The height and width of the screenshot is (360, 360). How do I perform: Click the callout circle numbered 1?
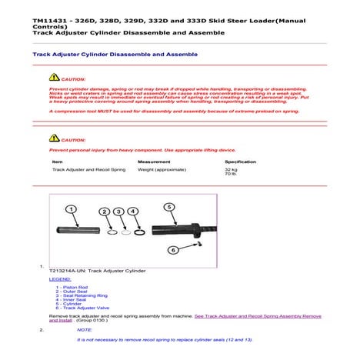(x=70, y=209)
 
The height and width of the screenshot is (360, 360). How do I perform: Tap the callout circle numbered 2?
(x=105, y=211)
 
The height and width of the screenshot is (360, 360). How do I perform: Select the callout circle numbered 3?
(x=118, y=211)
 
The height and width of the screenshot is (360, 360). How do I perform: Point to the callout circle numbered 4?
(x=133, y=211)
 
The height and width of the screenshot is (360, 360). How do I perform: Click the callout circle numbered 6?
(x=173, y=249)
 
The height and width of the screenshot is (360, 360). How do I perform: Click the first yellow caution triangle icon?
(x=54, y=78)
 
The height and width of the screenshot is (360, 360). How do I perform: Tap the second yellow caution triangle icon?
(x=54, y=140)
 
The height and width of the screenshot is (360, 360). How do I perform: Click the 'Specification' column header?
(x=240, y=162)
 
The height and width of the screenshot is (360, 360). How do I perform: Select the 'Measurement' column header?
(x=153, y=162)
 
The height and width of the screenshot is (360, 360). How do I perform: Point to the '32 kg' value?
(x=231, y=169)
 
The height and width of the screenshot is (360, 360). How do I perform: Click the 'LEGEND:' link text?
(x=59, y=279)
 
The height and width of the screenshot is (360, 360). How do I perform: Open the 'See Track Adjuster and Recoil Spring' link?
(x=258, y=315)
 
